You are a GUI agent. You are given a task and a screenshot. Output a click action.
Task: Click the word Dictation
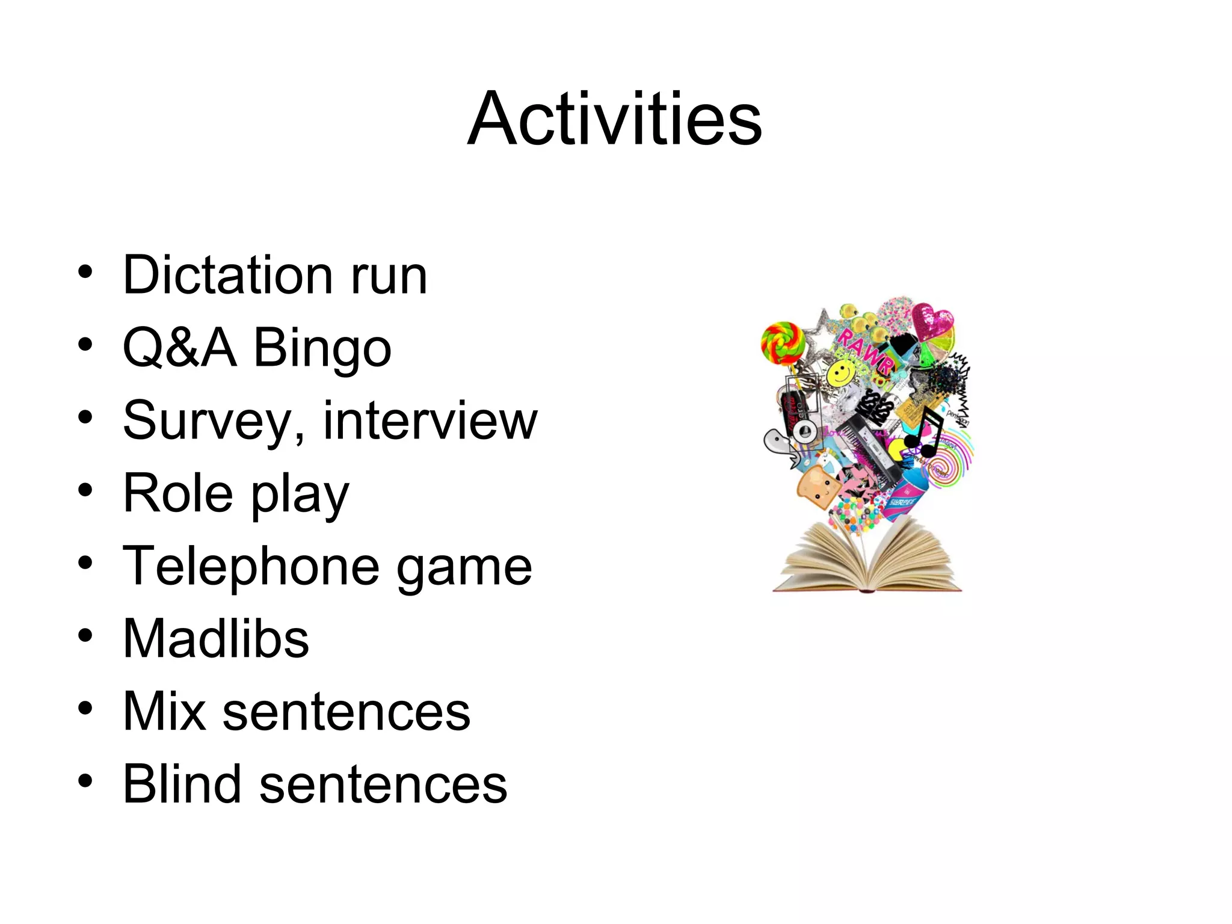228,275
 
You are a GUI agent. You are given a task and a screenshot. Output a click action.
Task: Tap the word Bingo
322,348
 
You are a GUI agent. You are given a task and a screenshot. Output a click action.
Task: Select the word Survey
207,421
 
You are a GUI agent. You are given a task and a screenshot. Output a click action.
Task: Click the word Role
177,493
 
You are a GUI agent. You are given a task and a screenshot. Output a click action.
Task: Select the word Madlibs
216,638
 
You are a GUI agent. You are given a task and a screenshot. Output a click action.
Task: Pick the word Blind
182,784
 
